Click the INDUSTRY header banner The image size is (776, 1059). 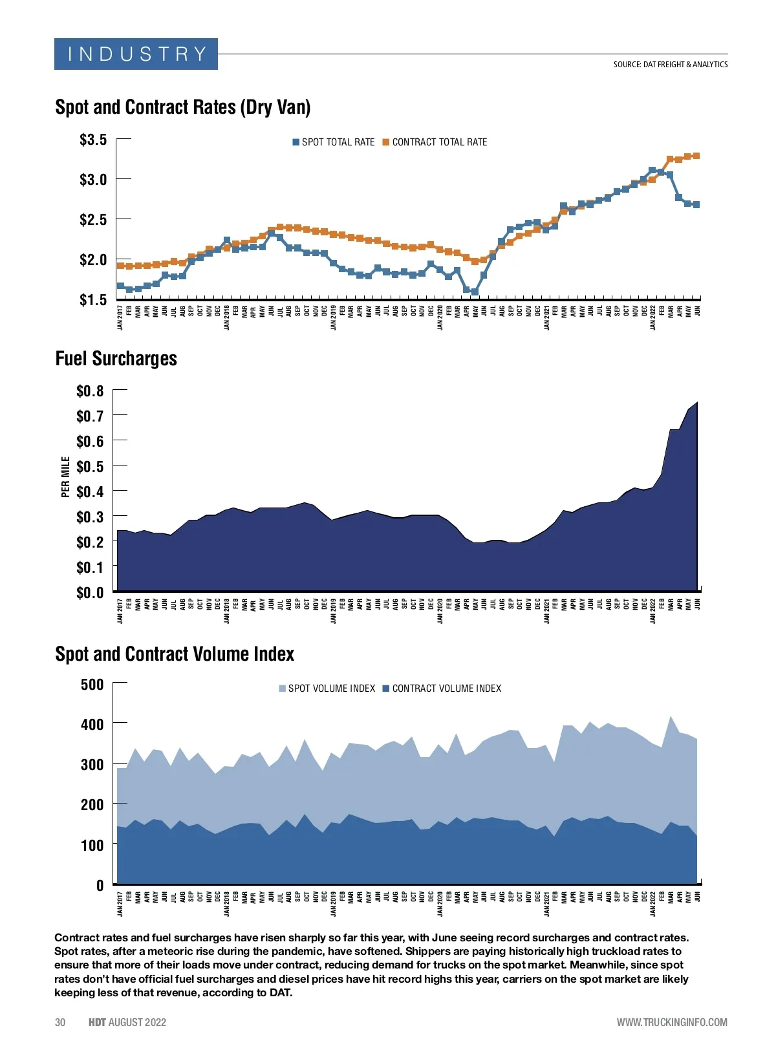pyautogui.click(x=136, y=54)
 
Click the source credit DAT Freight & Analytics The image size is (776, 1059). pyautogui.click(x=670, y=65)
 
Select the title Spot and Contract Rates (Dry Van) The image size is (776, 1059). pyautogui.click(x=183, y=107)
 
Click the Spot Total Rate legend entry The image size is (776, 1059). pyautogui.click(x=334, y=142)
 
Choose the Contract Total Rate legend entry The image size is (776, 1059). pyautogui.click(x=435, y=142)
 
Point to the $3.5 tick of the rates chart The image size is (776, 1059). pyautogui.click(x=93, y=140)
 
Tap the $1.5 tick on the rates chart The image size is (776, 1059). pyautogui.click(x=93, y=300)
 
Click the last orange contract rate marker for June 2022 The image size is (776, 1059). pyautogui.click(x=696, y=156)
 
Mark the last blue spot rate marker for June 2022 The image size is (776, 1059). pyautogui.click(x=696, y=204)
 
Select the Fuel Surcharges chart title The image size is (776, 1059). pyautogui.click(x=116, y=359)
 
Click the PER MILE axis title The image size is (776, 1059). pyautogui.click(x=65, y=477)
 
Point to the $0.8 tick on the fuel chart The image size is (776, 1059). pyautogui.click(x=90, y=391)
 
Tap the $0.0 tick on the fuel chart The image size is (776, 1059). pyautogui.click(x=90, y=592)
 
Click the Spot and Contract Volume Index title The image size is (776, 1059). pyautogui.click(x=175, y=654)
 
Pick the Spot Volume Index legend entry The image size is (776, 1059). pyautogui.click(x=327, y=689)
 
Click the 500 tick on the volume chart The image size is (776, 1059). pyautogui.click(x=92, y=685)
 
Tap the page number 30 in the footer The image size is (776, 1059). pyautogui.click(x=60, y=1022)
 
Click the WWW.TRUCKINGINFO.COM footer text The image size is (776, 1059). pyautogui.click(x=672, y=1022)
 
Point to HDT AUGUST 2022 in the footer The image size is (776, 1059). pyautogui.click(x=127, y=1022)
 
